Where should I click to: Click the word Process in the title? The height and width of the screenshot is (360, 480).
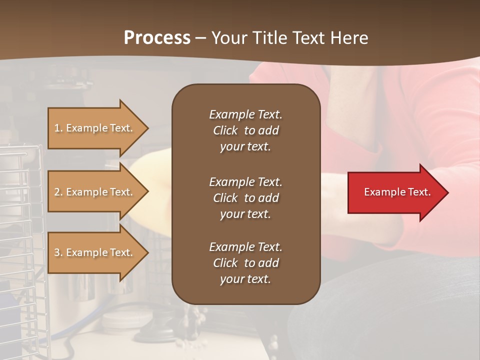coord(157,38)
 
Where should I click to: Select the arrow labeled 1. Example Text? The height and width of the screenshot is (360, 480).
coord(95,128)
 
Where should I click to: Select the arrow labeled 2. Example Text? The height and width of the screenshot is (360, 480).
coord(95,192)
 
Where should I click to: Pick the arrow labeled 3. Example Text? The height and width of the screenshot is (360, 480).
coord(95,252)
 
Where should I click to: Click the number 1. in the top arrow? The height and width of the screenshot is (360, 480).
coord(58,128)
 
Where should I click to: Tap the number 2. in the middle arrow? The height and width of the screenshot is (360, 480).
coord(58,192)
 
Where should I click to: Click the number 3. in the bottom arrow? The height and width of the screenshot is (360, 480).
coord(58,252)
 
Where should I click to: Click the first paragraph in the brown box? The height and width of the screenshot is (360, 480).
coord(245,130)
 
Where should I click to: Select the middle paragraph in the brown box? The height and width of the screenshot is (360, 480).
coord(245,198)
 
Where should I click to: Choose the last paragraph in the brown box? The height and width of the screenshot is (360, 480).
coord(245,263)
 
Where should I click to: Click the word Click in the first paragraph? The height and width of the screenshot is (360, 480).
coord(225,130)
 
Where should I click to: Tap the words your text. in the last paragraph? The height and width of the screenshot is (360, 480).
coord(245,279)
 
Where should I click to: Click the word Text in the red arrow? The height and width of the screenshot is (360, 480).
coord(417,192)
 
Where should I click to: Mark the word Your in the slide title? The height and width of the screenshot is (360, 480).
coord(228,38)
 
